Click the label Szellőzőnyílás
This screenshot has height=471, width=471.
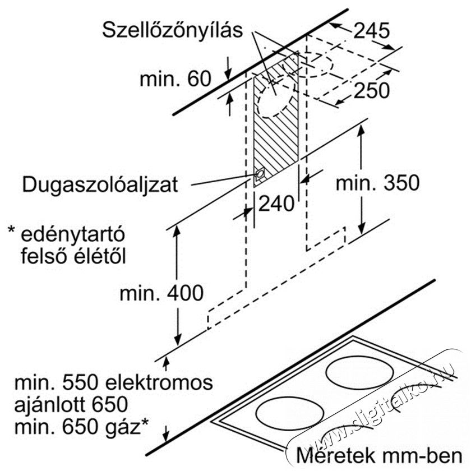point(172,31)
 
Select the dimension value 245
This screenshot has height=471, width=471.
point(371,30)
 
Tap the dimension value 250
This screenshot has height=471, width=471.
point(372,90)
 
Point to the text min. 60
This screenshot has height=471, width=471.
point(176,78)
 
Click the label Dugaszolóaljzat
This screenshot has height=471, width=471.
point(100,184)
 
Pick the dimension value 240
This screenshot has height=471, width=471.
point(276,204)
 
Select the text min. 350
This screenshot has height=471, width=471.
point(377,183)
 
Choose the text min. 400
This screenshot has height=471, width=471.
point(161,293)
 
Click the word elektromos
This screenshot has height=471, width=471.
point(159,382)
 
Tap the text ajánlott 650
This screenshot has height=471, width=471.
point(71,405)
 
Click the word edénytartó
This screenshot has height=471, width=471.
point(73,235)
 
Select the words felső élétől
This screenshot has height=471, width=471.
point(73,257)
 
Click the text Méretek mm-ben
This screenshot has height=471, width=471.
point(380,456)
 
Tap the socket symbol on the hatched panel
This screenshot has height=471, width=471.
point(259,174)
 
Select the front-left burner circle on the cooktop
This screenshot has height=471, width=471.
point(290,414)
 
